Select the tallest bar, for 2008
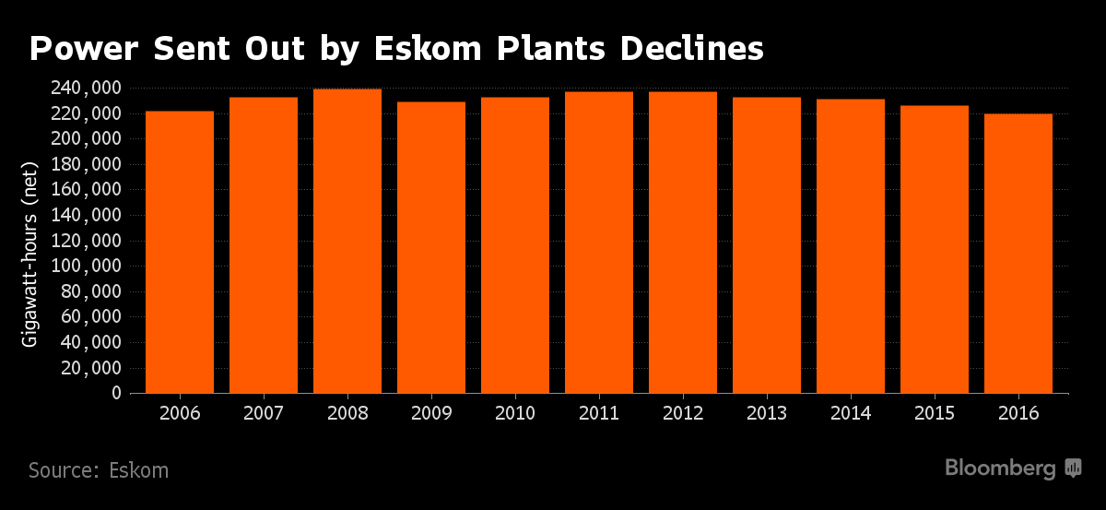[x=347, y=241]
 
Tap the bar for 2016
[x=1018, y=253]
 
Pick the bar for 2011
[x=599, y=243]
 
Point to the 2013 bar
[x=767, y=244]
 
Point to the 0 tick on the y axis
[x=116, y=394]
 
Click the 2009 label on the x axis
[x=431, y=413]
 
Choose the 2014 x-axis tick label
[x=851, y=413]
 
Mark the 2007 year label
[x=264, y=413]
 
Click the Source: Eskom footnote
[x=99, y=470]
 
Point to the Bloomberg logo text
[x=1000, y=468]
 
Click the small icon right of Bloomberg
[x=1073, y=468]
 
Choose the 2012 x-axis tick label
[x=683, y=413]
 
